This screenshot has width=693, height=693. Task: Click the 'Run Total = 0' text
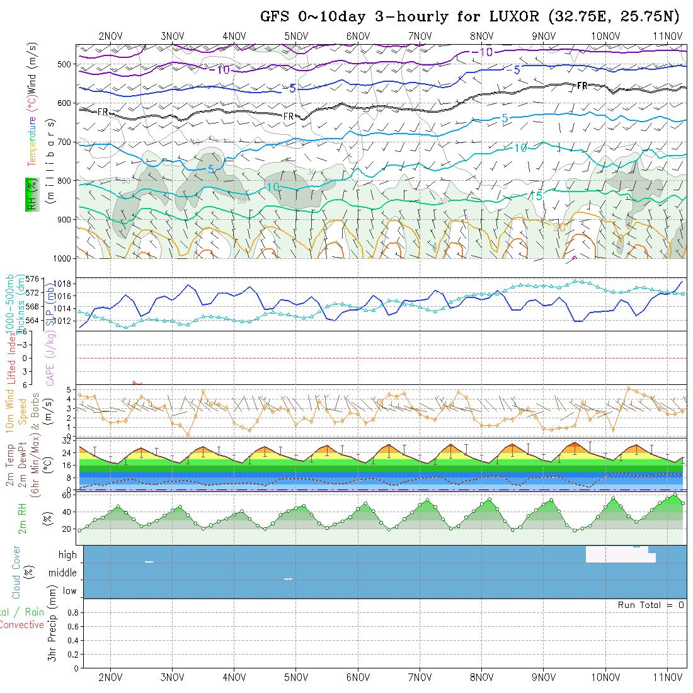point(651,605)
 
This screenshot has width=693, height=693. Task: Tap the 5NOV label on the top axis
point(295,36)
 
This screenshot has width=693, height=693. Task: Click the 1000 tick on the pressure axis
point(62,258)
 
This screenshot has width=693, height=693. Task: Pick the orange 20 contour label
point(559,227)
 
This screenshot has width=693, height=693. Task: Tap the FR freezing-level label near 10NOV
point(583,86)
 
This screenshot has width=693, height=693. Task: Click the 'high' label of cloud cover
point(67,555)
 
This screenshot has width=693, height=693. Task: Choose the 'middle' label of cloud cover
point(62,573)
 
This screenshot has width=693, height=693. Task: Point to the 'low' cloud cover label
point(69,591)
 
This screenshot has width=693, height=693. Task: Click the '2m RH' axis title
point(23,518)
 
